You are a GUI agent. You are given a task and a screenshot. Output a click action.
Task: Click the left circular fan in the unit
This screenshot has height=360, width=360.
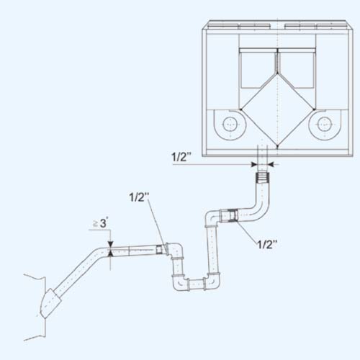[230, 125]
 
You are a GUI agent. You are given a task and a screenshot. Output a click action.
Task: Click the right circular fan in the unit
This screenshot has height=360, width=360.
[325, 125]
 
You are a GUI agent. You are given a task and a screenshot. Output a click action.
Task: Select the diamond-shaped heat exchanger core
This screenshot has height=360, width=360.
[277, 109]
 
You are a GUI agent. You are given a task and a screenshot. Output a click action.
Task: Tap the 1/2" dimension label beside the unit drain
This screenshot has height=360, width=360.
[181, 157]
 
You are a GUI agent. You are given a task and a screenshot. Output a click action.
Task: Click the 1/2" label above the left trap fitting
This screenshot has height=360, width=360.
[139, 197]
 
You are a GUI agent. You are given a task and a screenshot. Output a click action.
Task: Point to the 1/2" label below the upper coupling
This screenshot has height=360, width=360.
[267, 244]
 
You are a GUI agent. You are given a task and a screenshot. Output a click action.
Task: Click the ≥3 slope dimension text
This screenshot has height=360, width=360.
[100, 223]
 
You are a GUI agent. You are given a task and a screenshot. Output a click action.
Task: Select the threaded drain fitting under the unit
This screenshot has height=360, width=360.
[262, 178]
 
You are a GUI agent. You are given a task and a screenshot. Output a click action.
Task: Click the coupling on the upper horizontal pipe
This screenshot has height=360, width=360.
[229, 215]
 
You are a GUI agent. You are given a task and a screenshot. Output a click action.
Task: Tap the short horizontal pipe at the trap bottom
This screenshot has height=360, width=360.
[197, 284]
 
